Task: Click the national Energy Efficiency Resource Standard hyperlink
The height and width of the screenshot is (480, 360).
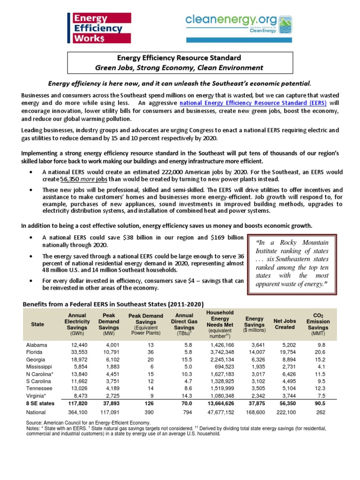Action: click(x=256, y=102)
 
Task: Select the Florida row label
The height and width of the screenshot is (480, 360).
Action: click(x=36, y=352)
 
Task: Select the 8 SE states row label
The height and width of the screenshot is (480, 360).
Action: click(x=40, y=403)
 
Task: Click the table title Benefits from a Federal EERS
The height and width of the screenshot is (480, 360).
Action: click(x=113, y=304)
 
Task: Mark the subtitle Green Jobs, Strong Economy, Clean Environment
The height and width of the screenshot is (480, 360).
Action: click(x=180, y=67)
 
